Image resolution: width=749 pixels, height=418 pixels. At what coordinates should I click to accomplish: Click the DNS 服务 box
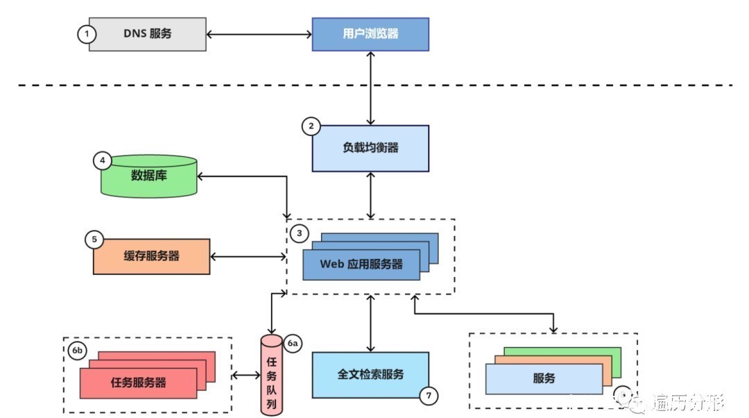(x=147, y=33)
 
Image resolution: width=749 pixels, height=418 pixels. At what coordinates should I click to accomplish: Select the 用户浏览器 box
(x=370, y=33)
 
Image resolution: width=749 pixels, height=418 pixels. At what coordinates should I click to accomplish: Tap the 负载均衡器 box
(x=370, y=148)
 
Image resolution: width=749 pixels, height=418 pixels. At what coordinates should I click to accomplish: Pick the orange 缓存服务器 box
(x=151, y=256)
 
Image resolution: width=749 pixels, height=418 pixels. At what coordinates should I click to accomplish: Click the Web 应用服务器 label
(x=361, y=265)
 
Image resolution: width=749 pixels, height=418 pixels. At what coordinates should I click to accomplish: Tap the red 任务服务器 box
(x=138, y=383)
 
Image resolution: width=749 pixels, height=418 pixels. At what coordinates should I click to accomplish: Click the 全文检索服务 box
(x=370, y=374)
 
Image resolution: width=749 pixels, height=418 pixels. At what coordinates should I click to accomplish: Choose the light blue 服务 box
(x=544, y=378)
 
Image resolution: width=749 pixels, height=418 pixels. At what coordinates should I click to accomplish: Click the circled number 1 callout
(x=85, y=34)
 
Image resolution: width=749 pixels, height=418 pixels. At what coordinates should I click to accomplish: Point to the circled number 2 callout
(x=311, y=126)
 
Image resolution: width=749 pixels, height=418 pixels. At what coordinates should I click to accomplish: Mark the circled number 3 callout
(x=299, y=233)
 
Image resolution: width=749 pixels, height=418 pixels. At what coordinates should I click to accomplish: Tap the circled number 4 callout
(x=102, y=160)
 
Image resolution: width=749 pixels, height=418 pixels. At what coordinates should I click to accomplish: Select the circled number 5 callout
(x=94, y=240)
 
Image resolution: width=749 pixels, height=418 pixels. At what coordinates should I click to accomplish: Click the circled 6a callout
(x=293, y=343)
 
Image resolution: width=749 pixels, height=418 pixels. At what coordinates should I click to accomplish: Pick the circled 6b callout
(x=76, y=351)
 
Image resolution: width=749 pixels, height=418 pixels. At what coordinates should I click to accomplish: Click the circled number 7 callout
(x=429, y=396)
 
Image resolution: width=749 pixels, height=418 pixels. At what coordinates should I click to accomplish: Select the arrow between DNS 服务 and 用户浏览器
(x=259, y=33)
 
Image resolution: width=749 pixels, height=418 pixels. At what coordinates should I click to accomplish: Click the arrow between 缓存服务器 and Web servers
(x=248, y=256)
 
